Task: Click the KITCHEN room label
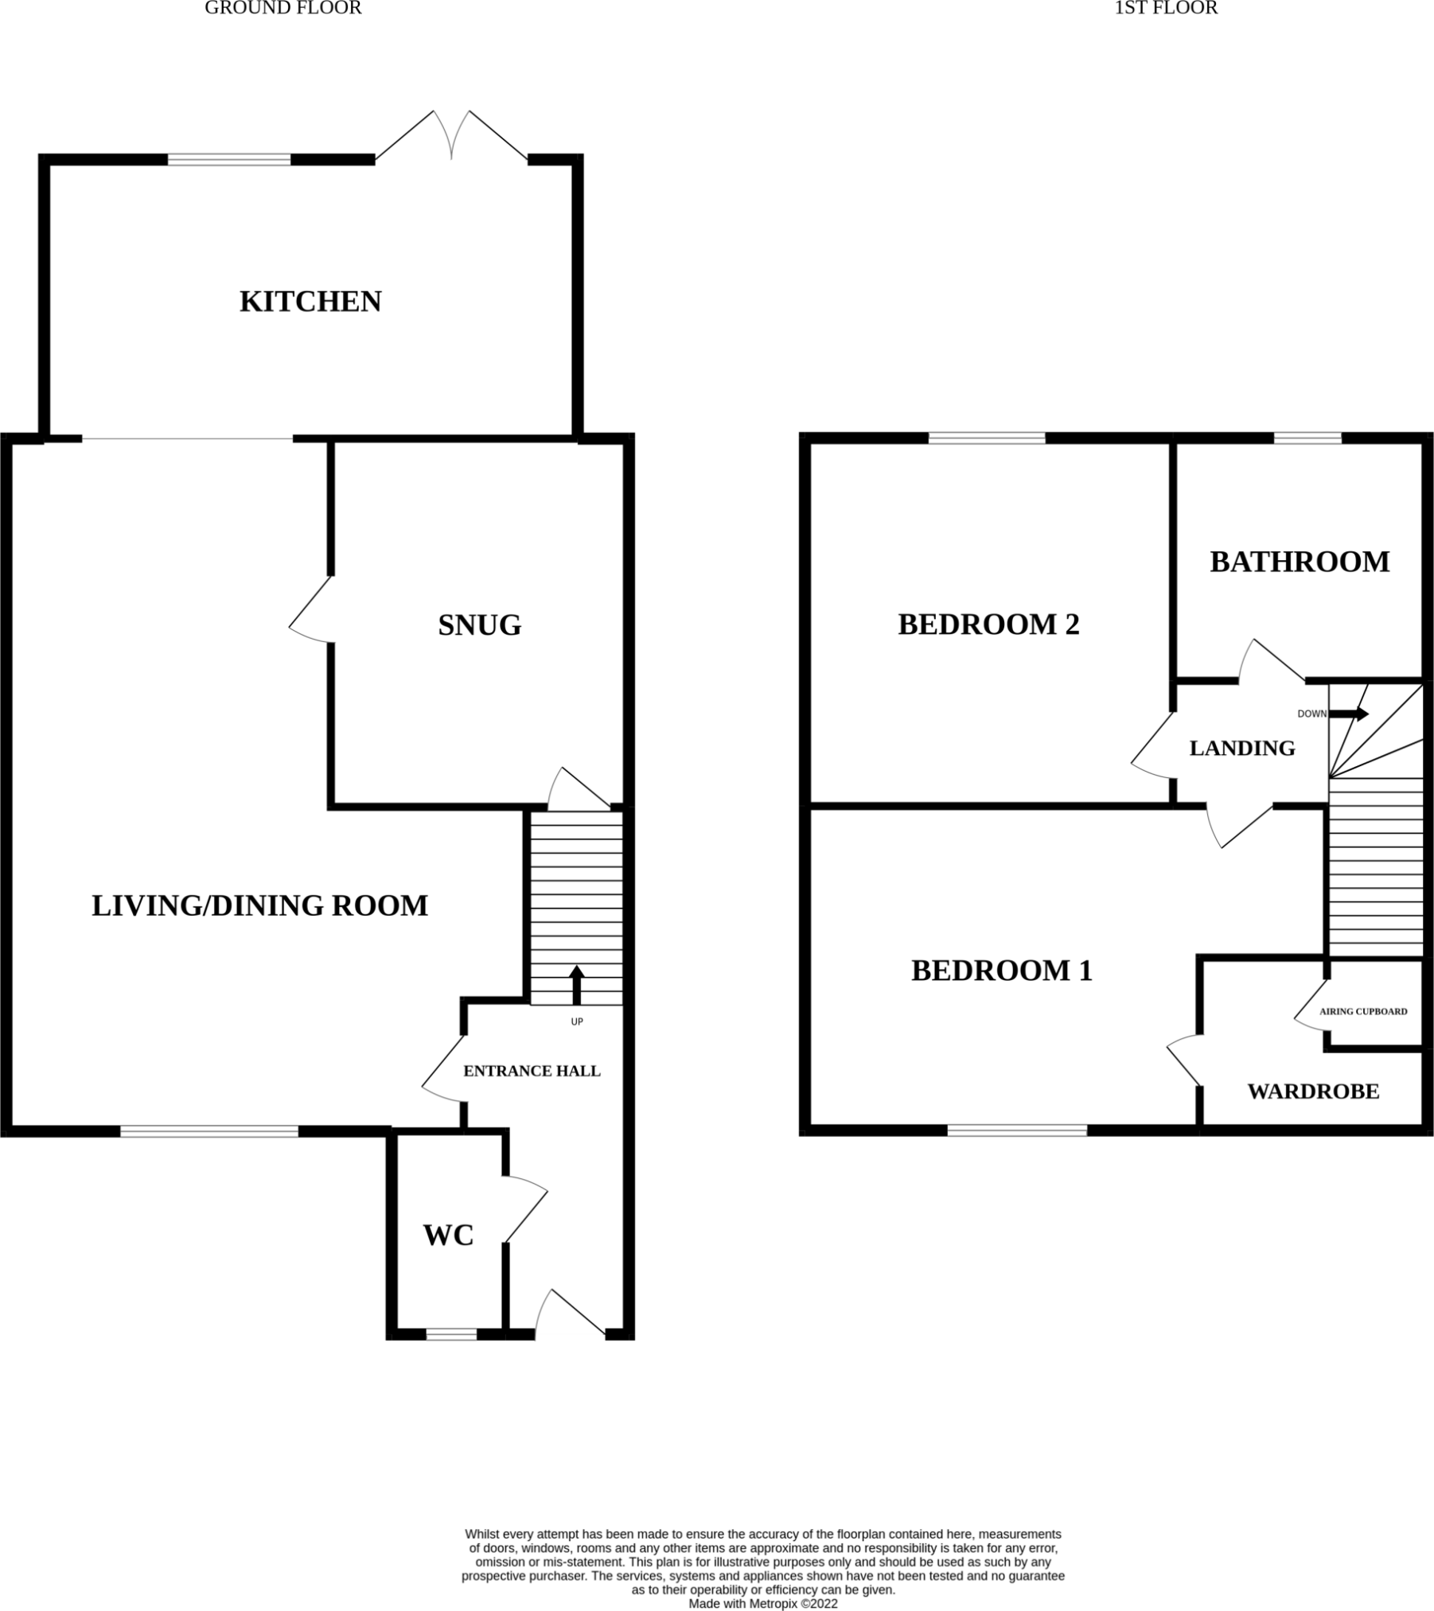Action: (310, 302)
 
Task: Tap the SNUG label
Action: (479, 625)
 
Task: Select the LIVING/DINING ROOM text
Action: (259, 905)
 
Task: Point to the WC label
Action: (448, 1235)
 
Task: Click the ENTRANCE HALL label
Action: (532, 1071)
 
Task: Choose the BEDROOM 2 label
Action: (988, 625)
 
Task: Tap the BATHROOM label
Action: (1300, 562)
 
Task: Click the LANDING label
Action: (1241, 748)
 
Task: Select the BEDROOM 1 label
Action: (1001, 971)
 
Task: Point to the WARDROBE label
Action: (1313, 1092)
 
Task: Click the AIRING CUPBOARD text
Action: (1363, 1011)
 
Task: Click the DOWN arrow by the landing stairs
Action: (1350, 714)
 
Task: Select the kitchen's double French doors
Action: (451, 137)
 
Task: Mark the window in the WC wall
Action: (451, 1334)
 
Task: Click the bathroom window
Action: (1307, 438)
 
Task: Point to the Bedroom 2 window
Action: (986, 438)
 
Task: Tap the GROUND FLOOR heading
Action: (283, 8)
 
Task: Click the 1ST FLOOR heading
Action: (1166, 8)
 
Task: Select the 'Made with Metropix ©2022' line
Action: (762, 1604)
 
